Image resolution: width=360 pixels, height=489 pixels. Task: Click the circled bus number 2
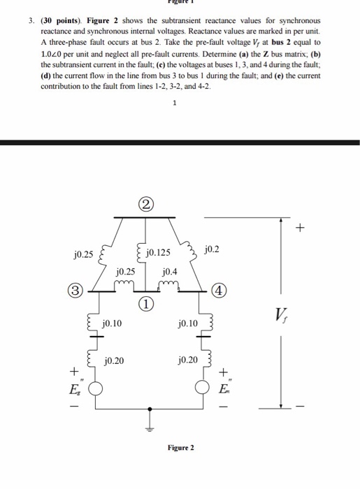point(145,204)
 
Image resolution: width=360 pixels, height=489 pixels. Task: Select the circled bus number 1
point(145,304)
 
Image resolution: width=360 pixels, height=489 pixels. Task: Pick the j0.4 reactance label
point(169,270)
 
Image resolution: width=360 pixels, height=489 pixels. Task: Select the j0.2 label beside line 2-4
point(213,249)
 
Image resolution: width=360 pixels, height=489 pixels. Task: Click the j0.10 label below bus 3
point(111,323)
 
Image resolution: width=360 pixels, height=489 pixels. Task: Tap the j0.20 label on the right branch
point(189,360)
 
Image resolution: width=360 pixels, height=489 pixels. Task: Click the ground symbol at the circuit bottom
point(147,428)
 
